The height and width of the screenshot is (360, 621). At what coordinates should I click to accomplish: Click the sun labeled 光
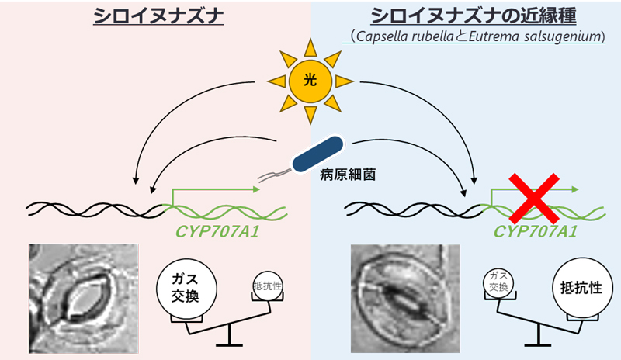pyautogui.click(x=310, y=78)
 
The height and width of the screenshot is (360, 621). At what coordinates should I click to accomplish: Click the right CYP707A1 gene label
pyautogui.click(x=536, y=230)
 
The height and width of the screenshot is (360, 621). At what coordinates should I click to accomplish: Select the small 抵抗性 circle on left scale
pyautogui.click(x=267, y=286)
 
